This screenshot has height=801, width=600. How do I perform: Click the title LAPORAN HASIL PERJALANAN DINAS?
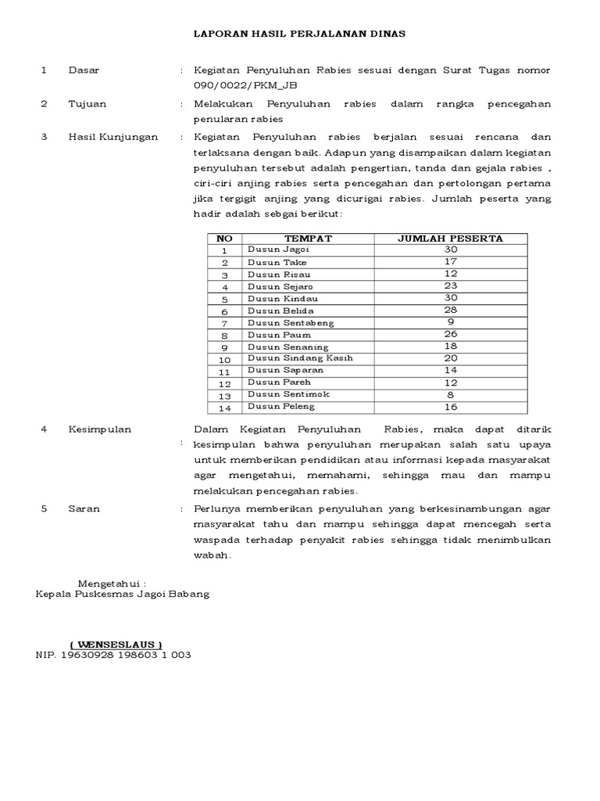[x=300, y=34]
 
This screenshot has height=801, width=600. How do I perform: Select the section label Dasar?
[x=84, y=70]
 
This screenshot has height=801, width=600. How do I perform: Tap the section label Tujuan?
[x=87, y=103]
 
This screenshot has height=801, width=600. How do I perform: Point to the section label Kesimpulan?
[x=100, y=429]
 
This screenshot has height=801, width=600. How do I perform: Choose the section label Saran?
[x=84, y=508]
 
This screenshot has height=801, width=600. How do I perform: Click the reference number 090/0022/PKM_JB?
[x=245, y=85]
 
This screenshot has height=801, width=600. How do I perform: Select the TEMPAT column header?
[x=308, y=238]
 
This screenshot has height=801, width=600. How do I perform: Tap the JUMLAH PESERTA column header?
[x=450, y=238]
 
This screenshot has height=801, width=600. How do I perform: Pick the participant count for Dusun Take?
[x=450, y=262]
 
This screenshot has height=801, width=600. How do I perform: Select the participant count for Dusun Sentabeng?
[x=450, y=322]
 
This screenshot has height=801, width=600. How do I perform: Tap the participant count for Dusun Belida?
[x=450, y=310]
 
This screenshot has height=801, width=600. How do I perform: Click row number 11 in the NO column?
[x=225, y=371]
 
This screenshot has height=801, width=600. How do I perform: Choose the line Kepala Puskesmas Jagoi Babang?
[x=123, y=594]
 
